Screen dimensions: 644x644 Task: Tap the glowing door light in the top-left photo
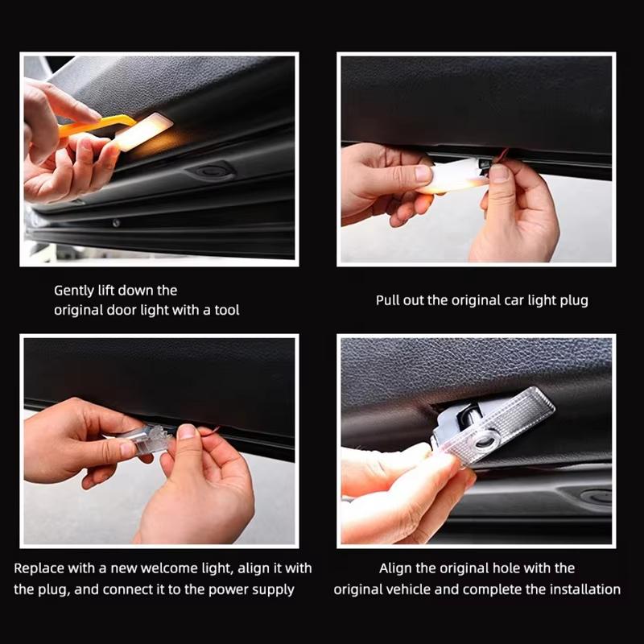(145, 130)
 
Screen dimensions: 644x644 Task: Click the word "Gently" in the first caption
(74, 290)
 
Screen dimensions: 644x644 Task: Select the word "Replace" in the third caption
(37, 568)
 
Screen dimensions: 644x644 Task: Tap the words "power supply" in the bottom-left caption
(254, 589)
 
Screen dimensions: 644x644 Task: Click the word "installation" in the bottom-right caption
(584, 589)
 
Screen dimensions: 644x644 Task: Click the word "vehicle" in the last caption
(408, 589)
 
